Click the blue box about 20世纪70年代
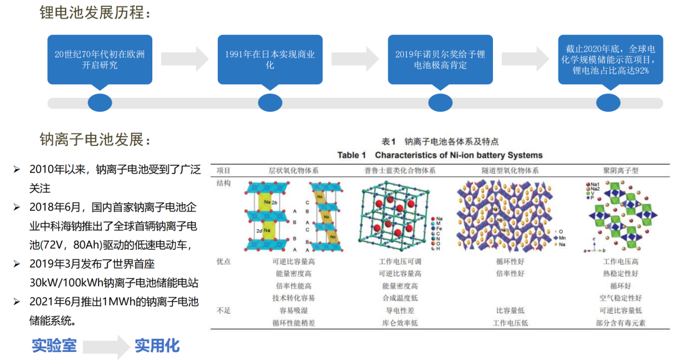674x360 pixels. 100,59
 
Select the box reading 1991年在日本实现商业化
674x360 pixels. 270,59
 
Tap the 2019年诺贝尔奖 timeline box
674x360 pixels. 440,59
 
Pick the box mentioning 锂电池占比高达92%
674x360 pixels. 610,59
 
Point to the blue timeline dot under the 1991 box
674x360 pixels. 270,102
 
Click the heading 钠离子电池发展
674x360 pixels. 95,139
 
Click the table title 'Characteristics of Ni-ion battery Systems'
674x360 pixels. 440,155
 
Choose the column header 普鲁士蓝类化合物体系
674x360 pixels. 400,170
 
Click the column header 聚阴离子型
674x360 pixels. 620,170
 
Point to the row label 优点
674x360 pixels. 223,261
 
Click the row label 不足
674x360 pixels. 223,310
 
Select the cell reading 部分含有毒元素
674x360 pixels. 620,323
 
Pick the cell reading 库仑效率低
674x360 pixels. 400,323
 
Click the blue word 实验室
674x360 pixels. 54,345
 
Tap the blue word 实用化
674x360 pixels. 157,345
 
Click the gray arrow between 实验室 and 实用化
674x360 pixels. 105,346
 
